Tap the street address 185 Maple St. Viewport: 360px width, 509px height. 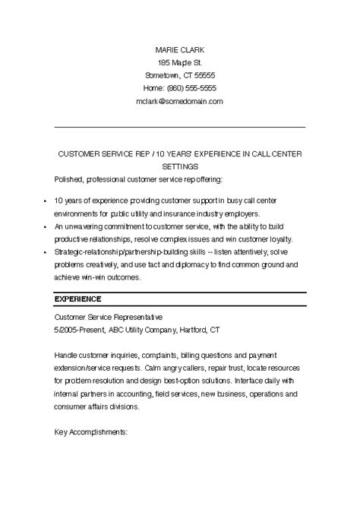point(179,62)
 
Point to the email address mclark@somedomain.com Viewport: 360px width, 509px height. point(179,100)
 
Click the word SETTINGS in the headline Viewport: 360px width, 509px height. point(180,166)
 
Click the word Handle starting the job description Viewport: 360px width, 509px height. point(67,355)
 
